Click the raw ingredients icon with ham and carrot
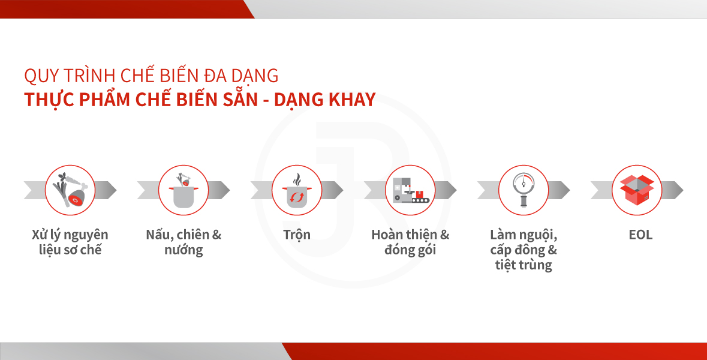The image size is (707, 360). click(x=70, y=190)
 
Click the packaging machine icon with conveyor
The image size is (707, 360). click(x=410, y=190)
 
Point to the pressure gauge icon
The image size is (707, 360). click(x=524, y=190)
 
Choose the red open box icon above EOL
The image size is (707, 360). click(x=637, y=190)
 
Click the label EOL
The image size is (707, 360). click(x=640, y=235)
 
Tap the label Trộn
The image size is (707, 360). click(x=297, y=235)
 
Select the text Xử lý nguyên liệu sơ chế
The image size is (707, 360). click(x=70, y=242)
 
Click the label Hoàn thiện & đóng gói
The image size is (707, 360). click(x=410, y=242)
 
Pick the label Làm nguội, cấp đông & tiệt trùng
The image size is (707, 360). click(x=524, y=250)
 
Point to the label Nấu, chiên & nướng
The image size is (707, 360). click(x=183, y=242)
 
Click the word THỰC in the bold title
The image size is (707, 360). click(x=49, y=100)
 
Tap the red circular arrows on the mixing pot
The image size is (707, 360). click(x=297, y=197)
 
